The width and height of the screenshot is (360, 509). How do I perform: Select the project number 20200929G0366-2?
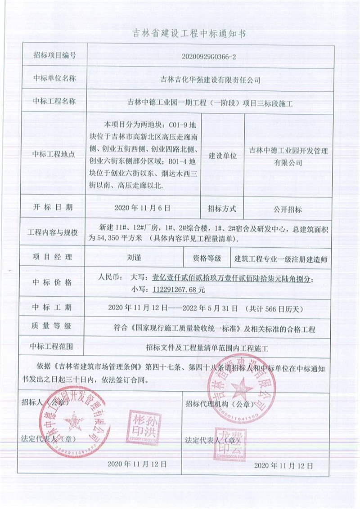tap(210, 56)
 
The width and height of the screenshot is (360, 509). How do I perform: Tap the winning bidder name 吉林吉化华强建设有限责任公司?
tap(210, 80)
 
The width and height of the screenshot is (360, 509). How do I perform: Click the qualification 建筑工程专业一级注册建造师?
tap(283, 259)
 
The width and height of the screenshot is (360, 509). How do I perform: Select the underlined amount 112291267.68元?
tap(173, 290)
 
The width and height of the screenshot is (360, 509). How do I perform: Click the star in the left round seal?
tap(73, 422)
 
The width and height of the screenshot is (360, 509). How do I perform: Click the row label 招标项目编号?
tap(54, 56)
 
